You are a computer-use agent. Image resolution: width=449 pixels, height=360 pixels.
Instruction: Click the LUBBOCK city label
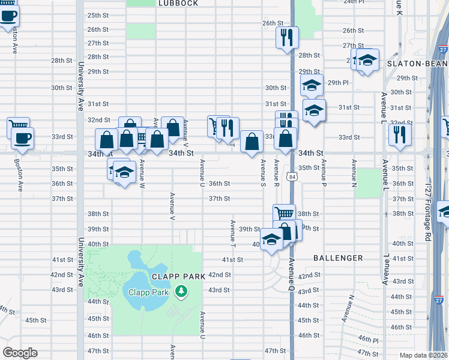pos(178,3)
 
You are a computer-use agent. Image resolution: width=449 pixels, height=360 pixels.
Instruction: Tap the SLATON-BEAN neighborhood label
pos(418,63)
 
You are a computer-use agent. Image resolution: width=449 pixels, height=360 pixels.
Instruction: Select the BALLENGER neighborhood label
pos(338,258)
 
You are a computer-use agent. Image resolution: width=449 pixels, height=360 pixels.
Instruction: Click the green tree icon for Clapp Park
pos(180,292)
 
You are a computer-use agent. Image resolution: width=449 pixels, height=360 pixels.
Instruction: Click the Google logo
pos(20,353)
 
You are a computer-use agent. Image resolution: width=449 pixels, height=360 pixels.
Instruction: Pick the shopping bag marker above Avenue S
pos(252,142)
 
